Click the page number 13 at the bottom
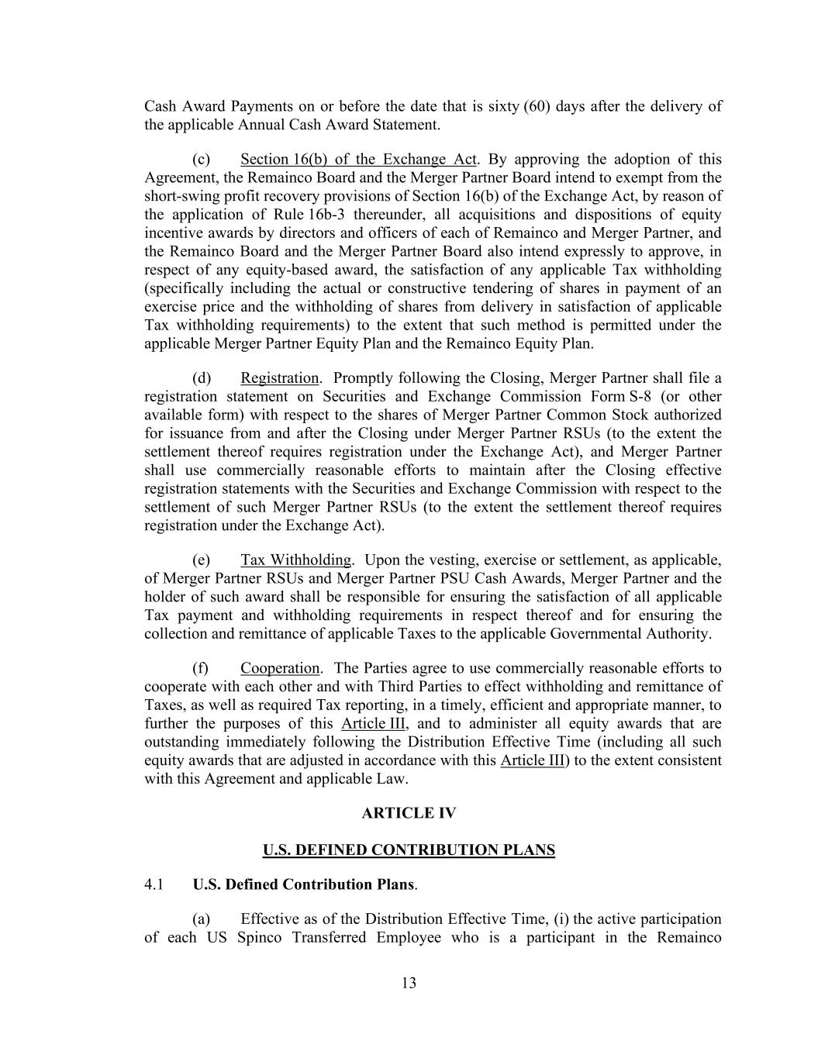[x=409, y=984]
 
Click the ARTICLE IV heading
[x=409, y=813]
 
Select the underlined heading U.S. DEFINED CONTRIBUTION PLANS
[x=409, y=850]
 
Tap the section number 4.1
[x=154, y=884]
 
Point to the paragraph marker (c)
[x=201, y=160]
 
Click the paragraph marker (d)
[x=201, y=378]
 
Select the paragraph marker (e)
[x=201, y=560]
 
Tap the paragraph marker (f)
[x=200, y=668]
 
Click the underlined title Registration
[x=279, y=378]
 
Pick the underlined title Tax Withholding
[x=295, y=560]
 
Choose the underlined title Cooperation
[x=280, y=668]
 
